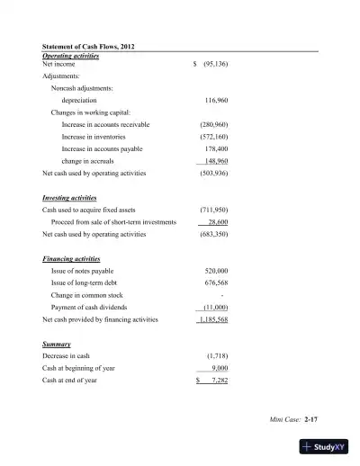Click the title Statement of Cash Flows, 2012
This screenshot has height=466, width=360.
tap(89, 46)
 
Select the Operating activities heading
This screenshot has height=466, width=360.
tap(71, 56)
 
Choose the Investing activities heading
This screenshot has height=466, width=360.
tap(69, 196)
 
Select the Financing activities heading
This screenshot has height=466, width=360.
tap(71, 258)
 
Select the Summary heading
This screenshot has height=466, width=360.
tap(58, 345)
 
